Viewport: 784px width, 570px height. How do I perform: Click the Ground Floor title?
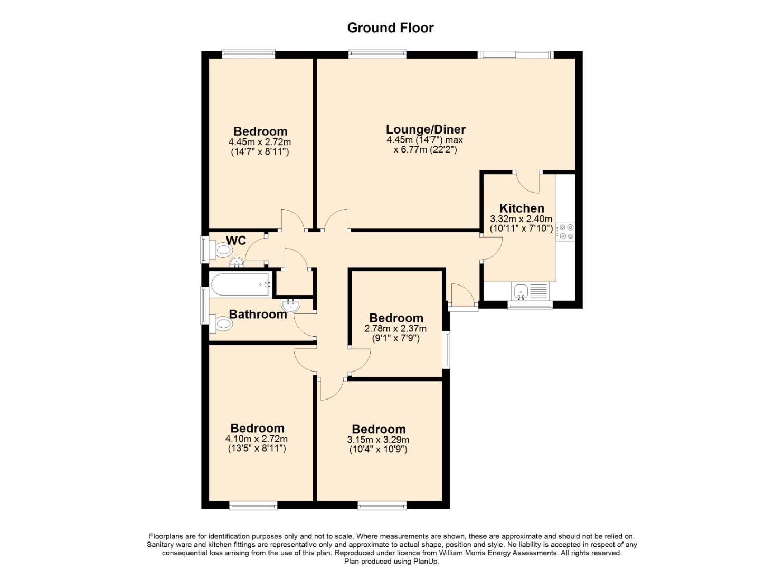(390, 27)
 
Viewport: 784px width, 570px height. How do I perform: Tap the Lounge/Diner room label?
(426, 129)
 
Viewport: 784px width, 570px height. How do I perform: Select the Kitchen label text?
(522, 208)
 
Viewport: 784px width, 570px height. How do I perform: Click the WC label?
(236, 240)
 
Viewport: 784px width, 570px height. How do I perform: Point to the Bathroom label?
(258, 314)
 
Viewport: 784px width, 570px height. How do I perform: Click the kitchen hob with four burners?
(565, 232)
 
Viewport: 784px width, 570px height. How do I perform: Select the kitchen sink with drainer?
(530, 291)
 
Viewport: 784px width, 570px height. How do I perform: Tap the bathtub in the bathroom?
(240, 284)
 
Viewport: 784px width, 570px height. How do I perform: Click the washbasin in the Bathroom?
(290, 306)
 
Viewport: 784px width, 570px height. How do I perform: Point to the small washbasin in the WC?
(237, 262)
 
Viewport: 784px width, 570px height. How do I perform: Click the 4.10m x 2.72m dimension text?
(257, 439)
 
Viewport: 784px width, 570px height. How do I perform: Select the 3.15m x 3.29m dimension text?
(378, 440)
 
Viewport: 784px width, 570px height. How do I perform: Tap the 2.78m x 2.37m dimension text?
(395, 329)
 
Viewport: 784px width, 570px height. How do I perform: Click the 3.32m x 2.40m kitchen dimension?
(521, 219)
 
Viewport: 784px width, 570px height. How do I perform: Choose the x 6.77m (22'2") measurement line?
(425, 150)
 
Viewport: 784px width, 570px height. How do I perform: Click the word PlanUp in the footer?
(426, 562)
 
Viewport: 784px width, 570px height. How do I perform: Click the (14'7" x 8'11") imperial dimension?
(260, 152)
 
